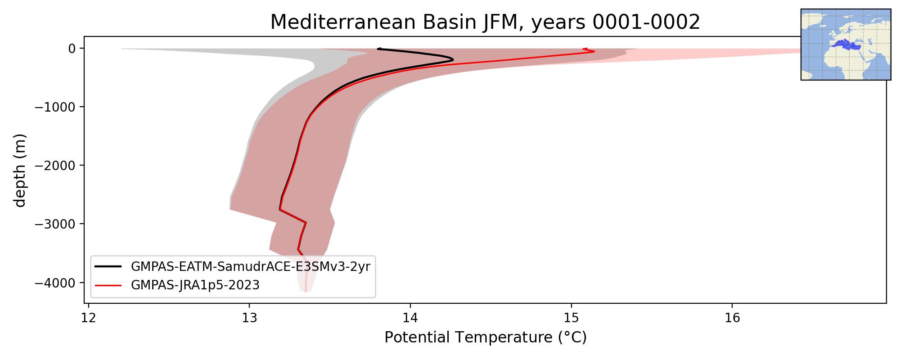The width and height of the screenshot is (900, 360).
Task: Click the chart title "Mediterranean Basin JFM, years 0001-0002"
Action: coord(485,22)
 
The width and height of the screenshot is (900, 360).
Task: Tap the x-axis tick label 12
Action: coord(89,318)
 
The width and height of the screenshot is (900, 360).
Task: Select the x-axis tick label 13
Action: coord(250,318)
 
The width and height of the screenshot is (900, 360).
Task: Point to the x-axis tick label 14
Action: coord(410,318)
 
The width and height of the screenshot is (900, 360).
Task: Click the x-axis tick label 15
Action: coord(571,318)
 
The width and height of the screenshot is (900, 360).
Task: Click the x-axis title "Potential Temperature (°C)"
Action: coord(486,337)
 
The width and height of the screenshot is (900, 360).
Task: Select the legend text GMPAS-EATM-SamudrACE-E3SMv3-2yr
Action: coord(251,267)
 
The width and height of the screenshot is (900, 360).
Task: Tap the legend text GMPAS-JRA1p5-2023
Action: coord(195,285)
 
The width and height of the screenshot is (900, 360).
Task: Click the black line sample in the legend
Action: coord(108,267)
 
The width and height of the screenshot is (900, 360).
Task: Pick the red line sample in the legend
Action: coord(108,285)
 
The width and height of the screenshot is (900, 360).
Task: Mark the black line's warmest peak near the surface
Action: coord(453,60)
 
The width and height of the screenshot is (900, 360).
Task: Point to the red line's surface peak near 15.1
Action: coord(594,51)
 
